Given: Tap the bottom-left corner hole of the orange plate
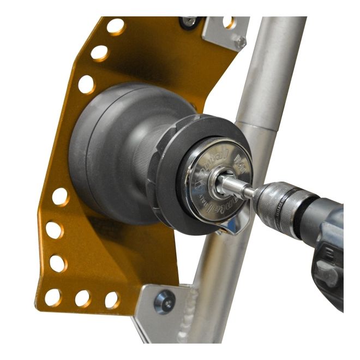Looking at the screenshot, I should click(x=53, y=297).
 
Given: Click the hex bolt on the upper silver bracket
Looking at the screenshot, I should click(x=240, y=40).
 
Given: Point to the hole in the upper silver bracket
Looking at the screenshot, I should click(x=230, y=22).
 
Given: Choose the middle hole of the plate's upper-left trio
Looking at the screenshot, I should click(x=99, y=53).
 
